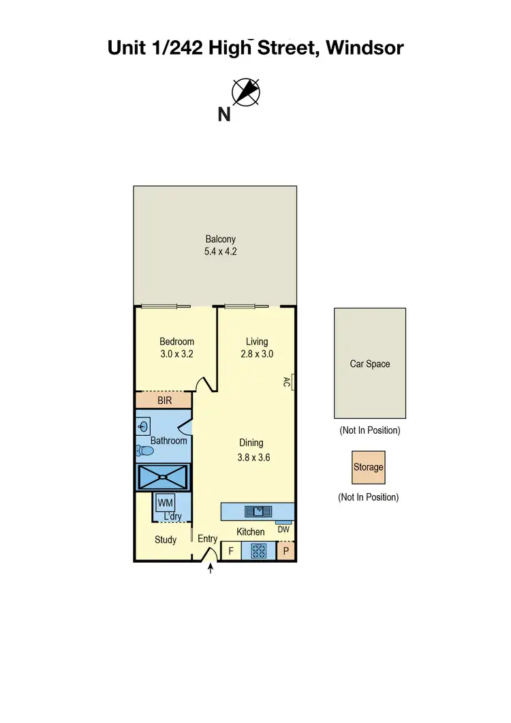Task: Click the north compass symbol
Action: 246,92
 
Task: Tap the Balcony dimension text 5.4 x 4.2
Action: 221,251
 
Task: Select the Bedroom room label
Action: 176,342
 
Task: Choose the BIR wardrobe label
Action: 164,400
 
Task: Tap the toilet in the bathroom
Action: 144,451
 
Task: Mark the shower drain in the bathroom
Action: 163,476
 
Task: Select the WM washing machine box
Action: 165,503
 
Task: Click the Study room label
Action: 166,540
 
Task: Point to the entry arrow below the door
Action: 210,568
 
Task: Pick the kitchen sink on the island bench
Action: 258,511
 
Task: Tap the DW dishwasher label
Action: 284,529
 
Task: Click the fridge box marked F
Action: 231,550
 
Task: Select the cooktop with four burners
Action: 259,550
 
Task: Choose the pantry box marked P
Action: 286,550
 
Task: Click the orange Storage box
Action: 368,467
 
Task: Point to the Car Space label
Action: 370,364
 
